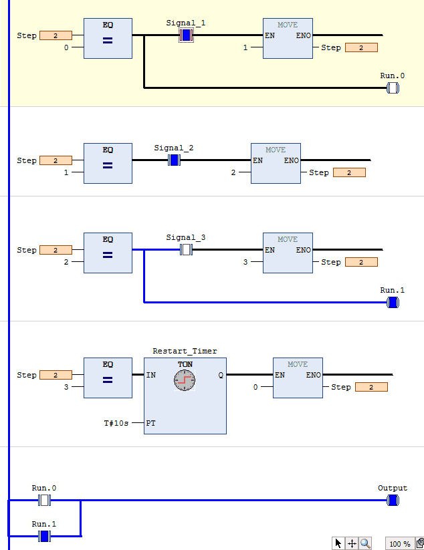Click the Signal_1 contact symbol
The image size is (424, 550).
click(187, 35)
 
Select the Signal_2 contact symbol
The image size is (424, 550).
click(175, 160)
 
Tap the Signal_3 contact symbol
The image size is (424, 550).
click(187, 249)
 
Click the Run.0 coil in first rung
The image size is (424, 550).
click(393, 88)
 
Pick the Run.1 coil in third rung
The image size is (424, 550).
click(393, 302)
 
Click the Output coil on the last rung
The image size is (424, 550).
click(393, 500)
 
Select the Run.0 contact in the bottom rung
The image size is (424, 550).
click(45, 500)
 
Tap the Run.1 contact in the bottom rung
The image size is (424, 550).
click(45, 536)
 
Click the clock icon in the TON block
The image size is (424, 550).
click(185, 380)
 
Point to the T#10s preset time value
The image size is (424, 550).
click(116, 423)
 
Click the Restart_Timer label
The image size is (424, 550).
click(185, 351)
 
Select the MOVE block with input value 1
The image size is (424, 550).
click(288, 38)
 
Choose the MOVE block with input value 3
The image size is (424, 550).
click(288, 253)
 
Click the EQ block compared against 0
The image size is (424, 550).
click(108, 38)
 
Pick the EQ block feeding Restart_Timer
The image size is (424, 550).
click(108, 378)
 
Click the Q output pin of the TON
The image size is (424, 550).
click(220, 375)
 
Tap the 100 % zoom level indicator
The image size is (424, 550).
click(399, 544)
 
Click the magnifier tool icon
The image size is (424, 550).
click(365, 543)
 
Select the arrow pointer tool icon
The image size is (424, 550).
click(338, 543)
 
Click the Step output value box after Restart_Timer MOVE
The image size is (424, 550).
click(371, 387)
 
